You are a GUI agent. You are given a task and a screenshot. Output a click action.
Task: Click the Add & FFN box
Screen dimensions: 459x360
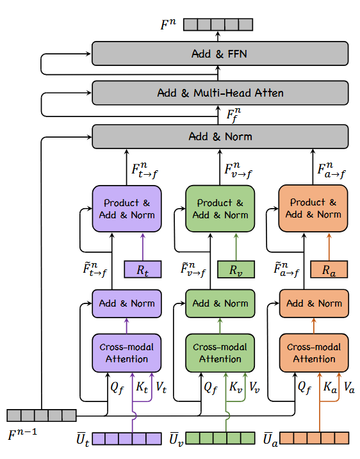click(x=220, y=54)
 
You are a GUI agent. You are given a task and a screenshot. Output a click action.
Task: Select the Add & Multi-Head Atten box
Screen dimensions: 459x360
click(x=220, y=93)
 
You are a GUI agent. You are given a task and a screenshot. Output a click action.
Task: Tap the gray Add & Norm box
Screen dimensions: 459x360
click(x=220, y=136)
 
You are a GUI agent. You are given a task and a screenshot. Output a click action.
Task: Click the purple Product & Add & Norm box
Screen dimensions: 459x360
click(x=127, y=209)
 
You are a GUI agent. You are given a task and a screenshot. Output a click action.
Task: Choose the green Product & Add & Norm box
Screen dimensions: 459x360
click(x=220, y=209)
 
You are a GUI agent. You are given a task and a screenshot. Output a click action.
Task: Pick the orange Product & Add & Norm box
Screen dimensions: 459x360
click(x=313, y=209)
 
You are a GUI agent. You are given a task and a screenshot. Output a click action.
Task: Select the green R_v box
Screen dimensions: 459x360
click(x=235, y=270)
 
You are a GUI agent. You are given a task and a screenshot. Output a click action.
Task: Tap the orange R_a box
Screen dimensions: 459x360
click(x=329, y=270)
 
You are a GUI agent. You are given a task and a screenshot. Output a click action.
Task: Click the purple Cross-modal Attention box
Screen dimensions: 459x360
click(x=127, y=353)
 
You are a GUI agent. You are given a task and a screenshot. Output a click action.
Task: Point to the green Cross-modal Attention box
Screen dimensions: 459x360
click(x=220, y=353)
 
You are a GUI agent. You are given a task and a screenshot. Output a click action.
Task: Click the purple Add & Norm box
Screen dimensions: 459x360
click(x=127, y=303)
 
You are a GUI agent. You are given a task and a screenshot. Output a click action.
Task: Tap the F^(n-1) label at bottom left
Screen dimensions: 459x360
click(x=23, y=435)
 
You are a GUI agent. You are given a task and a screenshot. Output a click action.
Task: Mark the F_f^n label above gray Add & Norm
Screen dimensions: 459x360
click(x=236, y=117)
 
